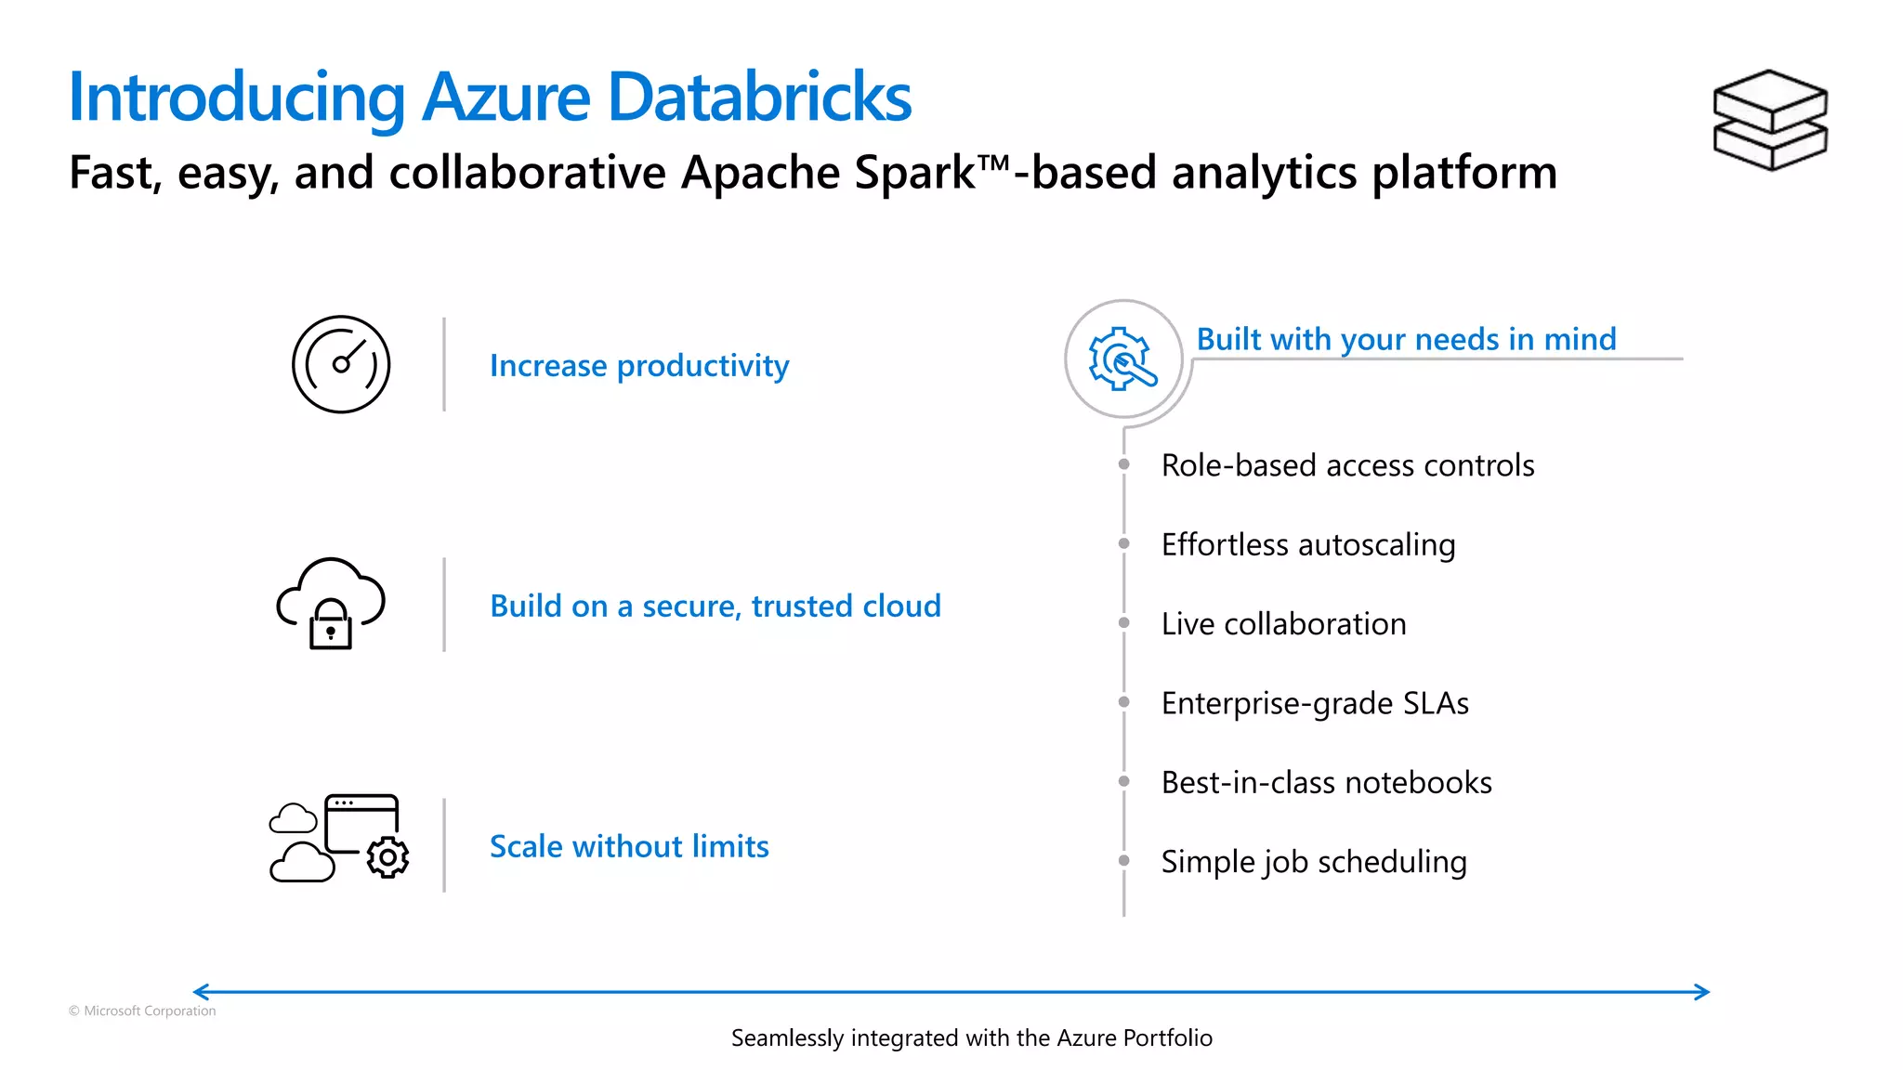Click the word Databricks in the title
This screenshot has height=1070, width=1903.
pyautogui.click(x=759, y=97)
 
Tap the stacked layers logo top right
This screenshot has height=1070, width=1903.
pyautogui.click(x=1769, y=120)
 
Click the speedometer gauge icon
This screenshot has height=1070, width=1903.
pyautogui.click(x=341, y=364)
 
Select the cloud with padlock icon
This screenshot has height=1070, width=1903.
pyautogui.click(x=331, y=604)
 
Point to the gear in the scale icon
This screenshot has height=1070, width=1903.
pyautogui.click(x=387, y=857)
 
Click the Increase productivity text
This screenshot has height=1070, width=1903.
pyautogui.click(x=639, y=366)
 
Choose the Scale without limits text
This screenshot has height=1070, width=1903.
pyautogui.click(x=629, y=846)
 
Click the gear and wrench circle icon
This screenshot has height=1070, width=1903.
pyautogui.click(x=1122, y=359)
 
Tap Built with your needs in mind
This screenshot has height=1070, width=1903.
pyautogui.click(x=1406, y=339)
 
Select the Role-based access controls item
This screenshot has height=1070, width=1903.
pyautogui.click(x=1347, y=465)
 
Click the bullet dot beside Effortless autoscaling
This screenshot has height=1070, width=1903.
pyautogui.click(x=1123, y=543)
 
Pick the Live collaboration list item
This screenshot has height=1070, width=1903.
pyautogui.click(x=1283, y=624)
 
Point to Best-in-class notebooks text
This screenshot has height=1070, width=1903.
pyautogui.click(x=1326, y=783)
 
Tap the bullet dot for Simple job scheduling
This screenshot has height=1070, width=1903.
pyautogui.click(x=1123, y=861)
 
